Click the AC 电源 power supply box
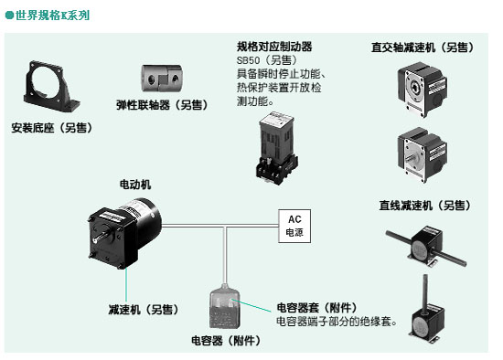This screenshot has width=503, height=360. tap(294, 226)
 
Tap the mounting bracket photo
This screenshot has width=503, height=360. tap(51, 87)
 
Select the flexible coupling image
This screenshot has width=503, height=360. tap(161, 79)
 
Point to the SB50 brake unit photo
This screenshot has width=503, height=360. tap(276, 148)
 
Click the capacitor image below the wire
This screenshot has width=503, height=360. tap(225, 306)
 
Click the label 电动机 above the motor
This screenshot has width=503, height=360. tap(135, 185)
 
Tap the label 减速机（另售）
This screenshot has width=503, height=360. tap(144, 310)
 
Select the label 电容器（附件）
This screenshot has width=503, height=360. tap(226, 340)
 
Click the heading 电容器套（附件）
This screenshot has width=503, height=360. tap(317, 307)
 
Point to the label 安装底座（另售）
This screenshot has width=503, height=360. tap(52, 128)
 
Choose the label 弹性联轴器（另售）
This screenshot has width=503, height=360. tap(162, 105)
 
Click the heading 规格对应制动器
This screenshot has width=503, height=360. tap(274, 47)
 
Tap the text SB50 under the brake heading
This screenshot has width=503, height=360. tap(248, 60)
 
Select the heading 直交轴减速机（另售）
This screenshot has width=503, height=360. tap(423, 48)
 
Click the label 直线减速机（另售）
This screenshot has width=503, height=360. tap(425, 206)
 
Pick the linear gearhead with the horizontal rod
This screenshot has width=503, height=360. tap(426, 246)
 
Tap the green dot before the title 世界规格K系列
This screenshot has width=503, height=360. tap(10, 15)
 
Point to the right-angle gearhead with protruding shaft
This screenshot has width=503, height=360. tap(422, 155)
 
